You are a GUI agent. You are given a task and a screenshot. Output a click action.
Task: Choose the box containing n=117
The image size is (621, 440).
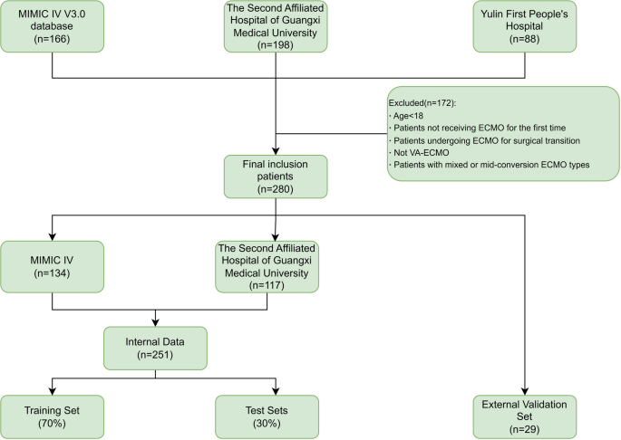point(267,267)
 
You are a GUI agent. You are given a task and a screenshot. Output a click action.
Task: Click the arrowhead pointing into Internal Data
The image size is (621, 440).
point(157,326)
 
